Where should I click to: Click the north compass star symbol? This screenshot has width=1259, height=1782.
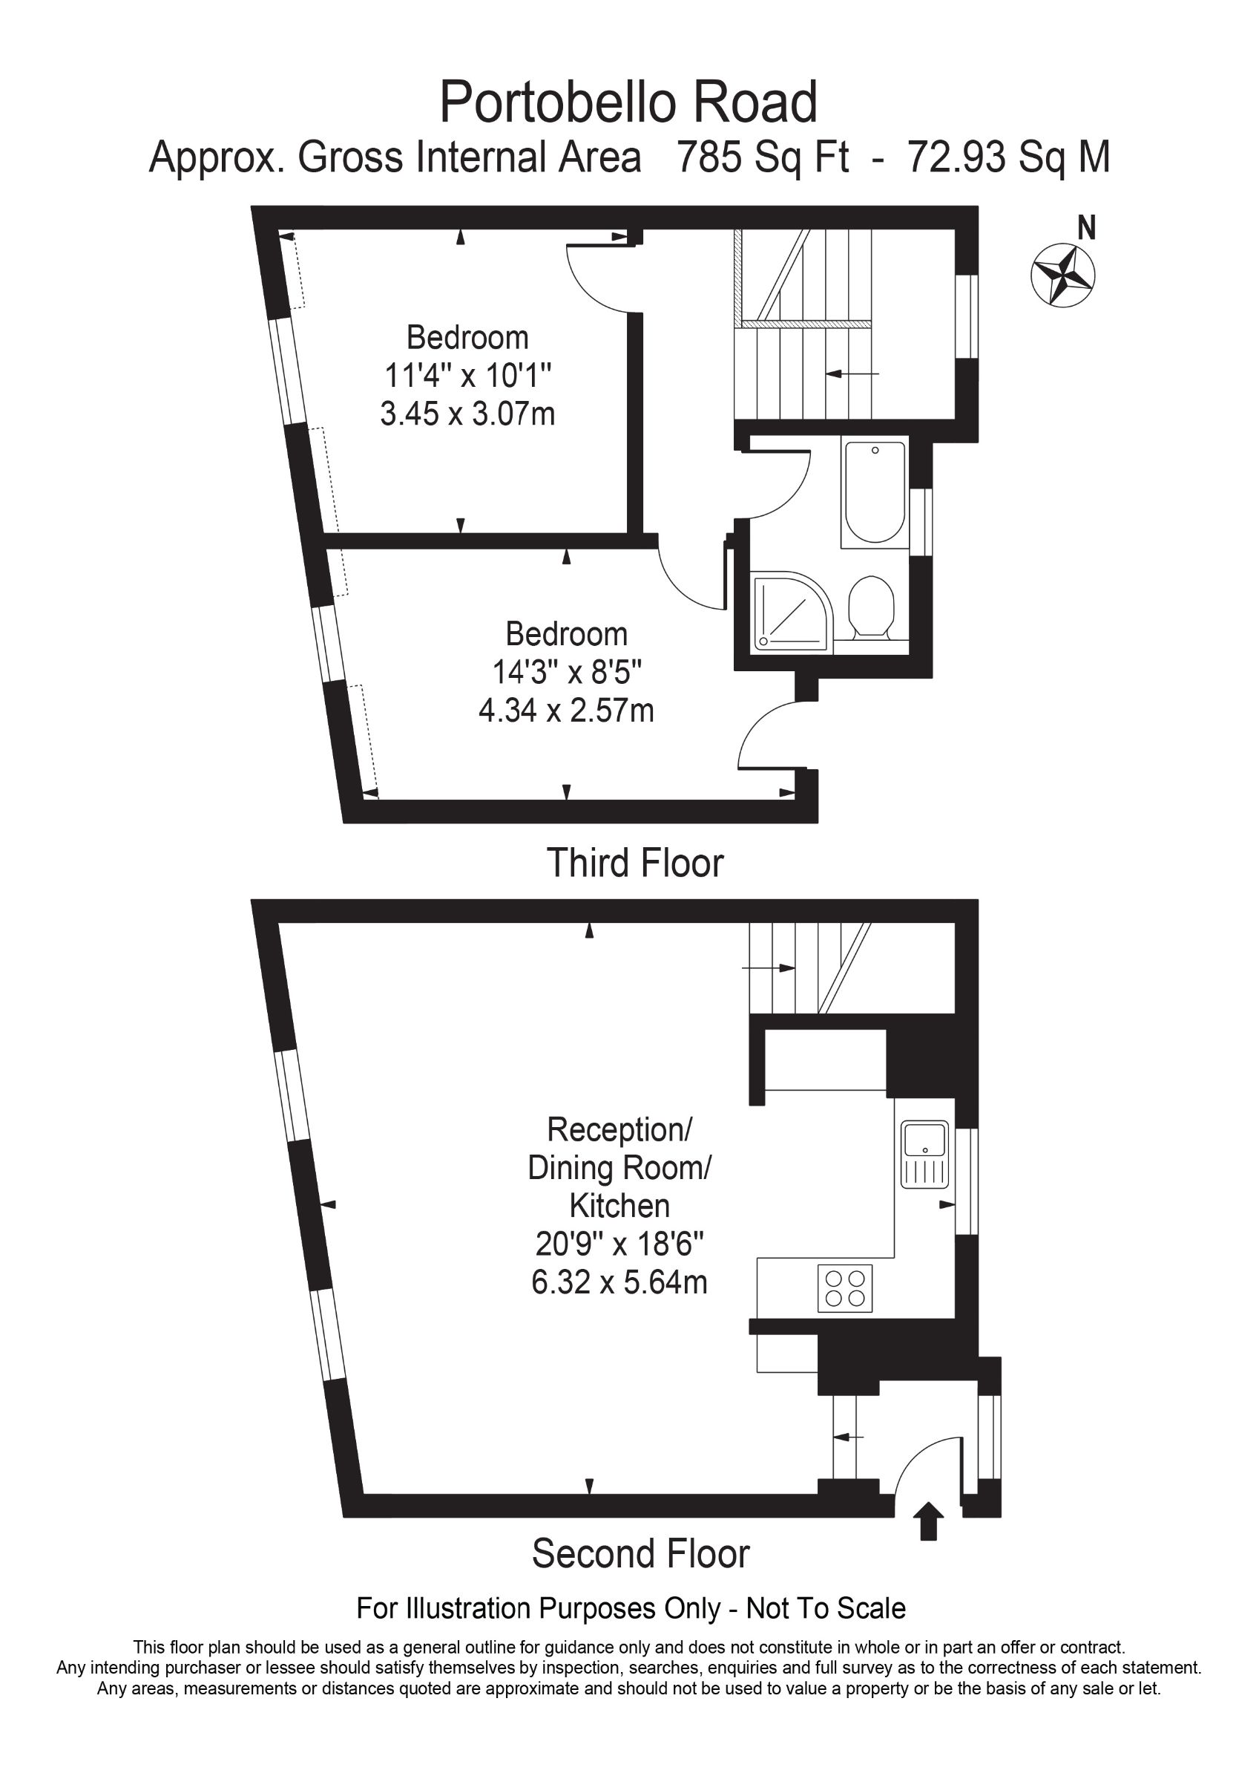point(1062,275)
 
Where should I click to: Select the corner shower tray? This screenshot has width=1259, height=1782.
point(792,611)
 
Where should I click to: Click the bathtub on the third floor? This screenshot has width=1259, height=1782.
point(875,492)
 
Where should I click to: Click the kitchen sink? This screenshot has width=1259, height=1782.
point(924,1154)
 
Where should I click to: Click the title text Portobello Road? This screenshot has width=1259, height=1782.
point(628,102)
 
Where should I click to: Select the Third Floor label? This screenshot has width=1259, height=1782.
point(635,863)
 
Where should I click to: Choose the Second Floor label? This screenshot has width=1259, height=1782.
point(641,1554)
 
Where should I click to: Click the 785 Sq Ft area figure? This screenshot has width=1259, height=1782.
point(763,157)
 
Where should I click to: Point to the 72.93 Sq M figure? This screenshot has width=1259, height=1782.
point(1008,157)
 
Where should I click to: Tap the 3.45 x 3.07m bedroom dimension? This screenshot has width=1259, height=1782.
point(467,414)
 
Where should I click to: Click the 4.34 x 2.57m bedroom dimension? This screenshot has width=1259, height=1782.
point(566,710)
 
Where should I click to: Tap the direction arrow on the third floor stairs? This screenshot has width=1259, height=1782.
point(852,374)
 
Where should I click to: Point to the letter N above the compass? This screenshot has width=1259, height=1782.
point(1088,228)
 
